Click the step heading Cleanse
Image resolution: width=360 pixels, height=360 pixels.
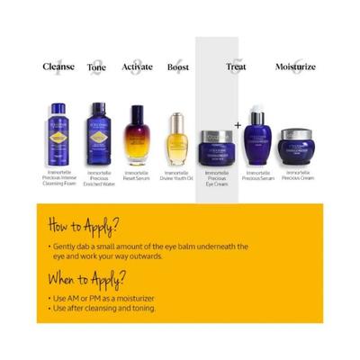click(58, 67)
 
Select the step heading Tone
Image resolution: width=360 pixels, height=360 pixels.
click(96, 67)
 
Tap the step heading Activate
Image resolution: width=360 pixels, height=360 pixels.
click(137, 67)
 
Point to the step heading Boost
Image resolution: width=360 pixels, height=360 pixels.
click(177, 67)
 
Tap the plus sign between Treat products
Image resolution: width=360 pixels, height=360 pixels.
click(238, 125)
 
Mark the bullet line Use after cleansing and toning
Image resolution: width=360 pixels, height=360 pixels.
click(103, 308)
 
